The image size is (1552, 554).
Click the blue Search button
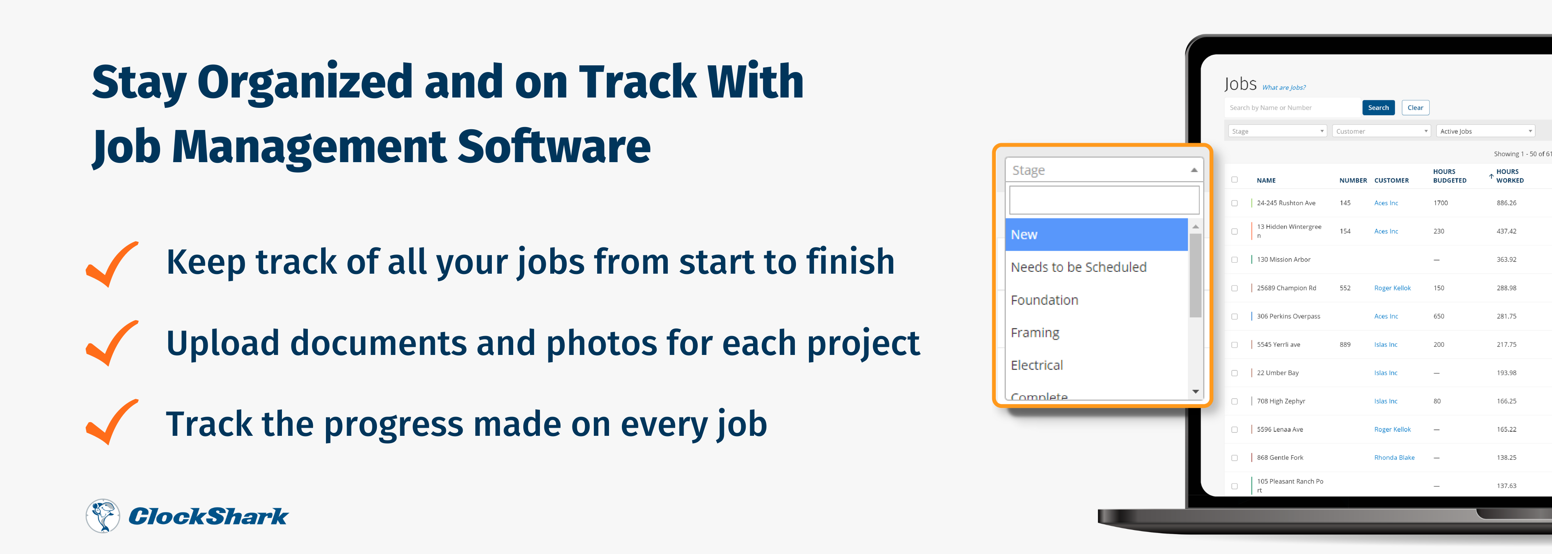1378,108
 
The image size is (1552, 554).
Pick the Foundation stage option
1044,300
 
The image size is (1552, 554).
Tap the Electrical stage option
1036,365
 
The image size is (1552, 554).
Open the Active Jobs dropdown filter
1485,131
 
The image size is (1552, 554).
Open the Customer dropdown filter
1381,131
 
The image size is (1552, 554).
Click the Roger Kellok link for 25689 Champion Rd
1392,288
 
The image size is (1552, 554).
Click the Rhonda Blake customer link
1394,458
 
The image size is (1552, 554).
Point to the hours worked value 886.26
1506,203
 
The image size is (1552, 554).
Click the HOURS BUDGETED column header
1450,176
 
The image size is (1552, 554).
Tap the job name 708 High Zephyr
1281,401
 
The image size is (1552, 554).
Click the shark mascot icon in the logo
102,516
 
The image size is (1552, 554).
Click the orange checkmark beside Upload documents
112,343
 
